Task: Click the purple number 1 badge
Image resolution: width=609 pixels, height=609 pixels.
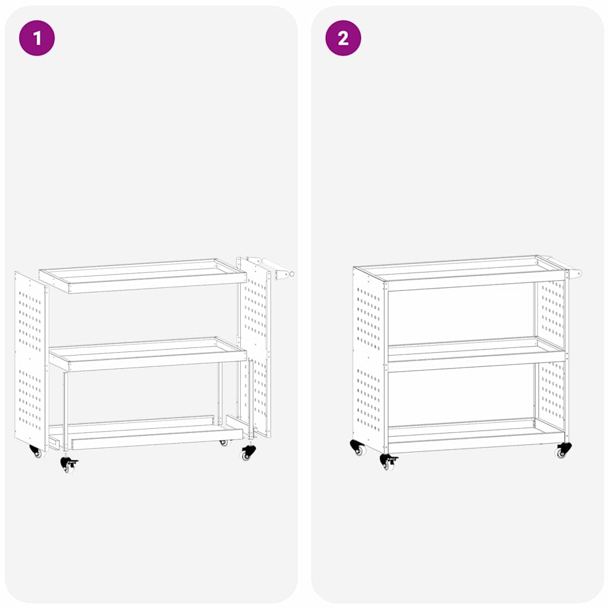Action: tap(37, 38)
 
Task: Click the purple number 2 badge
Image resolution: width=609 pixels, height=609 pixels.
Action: tap(343, 38)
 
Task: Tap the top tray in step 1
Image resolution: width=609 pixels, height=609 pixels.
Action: tap(143, 275)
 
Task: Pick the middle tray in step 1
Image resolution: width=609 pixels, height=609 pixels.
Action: tap(147, 355)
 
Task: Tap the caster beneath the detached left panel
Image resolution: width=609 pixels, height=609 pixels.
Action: tap(36, 451)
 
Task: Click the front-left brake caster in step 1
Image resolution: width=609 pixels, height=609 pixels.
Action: tap(68, 463)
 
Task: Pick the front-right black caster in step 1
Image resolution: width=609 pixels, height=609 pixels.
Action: tap(247, 453)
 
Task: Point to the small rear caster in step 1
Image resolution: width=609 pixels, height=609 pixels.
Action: tap(224, 442)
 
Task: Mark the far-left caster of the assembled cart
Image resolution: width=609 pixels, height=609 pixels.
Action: tap(357, 448)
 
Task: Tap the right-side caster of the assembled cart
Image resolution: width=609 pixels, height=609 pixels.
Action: tap(563, 450)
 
